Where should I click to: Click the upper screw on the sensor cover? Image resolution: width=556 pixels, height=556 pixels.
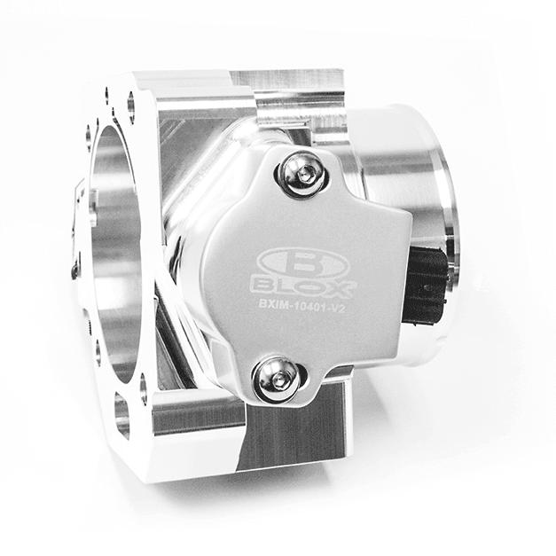pos(300,175)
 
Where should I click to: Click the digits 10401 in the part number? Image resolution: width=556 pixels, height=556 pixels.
pos(310,309)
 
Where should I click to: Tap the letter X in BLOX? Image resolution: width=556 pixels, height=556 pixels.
pos(341,288)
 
